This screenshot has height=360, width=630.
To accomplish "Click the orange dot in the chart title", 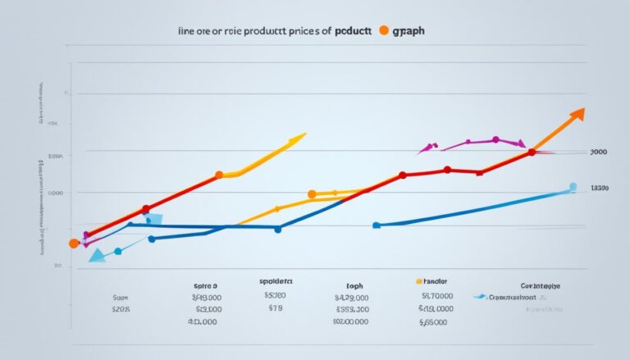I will (382, 31).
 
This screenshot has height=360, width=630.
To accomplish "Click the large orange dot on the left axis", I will (74, 244).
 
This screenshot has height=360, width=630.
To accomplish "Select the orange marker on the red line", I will (219, 175).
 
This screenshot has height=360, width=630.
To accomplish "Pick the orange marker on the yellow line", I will (312, 194).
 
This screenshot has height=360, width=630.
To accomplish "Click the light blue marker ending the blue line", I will (573, 187).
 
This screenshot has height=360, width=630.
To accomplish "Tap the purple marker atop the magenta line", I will (495, 139).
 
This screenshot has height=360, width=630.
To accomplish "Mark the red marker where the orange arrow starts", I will (532, 152).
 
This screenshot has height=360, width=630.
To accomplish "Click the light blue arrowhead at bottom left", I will (97, 255).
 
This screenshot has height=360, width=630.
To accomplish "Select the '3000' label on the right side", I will (598, 153).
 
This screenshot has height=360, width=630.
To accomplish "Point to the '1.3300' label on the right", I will (599, 188).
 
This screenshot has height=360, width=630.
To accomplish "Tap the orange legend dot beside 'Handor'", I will (419, 280).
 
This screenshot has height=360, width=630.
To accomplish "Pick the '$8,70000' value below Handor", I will (436, 297).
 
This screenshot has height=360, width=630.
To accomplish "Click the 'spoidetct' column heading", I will (276, 280).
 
